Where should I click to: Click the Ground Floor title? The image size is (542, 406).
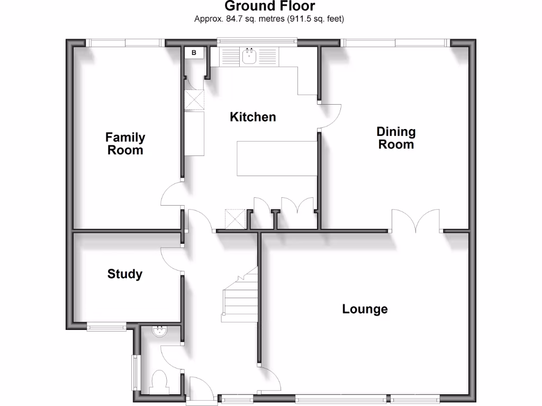[270, 6]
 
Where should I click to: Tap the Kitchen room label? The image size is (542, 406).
[252, 117]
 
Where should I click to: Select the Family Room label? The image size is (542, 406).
[125, 144]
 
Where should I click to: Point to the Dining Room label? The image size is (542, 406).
[396, 138]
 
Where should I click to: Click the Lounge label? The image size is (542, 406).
[365, 309]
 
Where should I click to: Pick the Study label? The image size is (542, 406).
[125, 274]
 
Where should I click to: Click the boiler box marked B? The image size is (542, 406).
[194, 53]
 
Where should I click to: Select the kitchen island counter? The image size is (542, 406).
[276, 159]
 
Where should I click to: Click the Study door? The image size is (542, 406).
[171, 259]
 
